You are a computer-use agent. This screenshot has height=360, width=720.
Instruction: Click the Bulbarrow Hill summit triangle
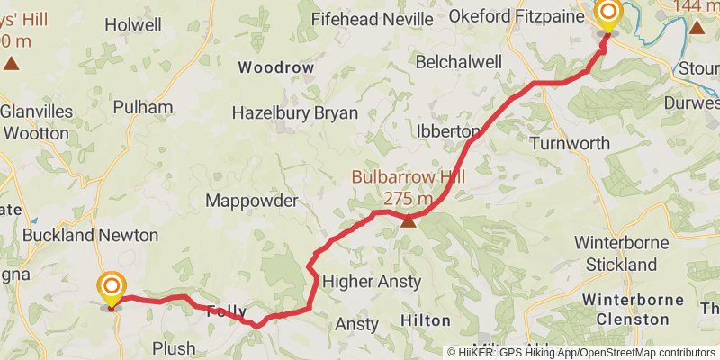click(409, 221)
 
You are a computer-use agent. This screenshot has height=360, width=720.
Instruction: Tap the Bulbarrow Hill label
click(408, 178)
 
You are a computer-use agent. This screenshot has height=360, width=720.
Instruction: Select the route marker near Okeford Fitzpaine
click(608, 13)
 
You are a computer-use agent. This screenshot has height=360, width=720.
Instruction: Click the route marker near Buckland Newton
click(112, 289)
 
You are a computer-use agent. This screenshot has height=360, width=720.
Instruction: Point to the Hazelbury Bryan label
click(294, 113)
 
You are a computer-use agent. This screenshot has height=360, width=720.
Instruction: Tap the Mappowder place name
click(251, 201)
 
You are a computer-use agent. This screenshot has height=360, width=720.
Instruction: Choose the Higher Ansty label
click(371, 281)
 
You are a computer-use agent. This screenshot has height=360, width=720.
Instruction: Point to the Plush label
click(174, 348)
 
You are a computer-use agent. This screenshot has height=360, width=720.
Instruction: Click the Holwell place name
click(133, 25)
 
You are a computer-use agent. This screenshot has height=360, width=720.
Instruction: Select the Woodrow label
click(275, 67)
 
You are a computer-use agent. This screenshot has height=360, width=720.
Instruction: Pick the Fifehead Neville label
click(372, 18)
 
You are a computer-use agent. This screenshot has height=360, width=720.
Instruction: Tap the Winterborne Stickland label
click(622, 254)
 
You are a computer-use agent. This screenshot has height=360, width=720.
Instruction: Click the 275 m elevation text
click(408, 199)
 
